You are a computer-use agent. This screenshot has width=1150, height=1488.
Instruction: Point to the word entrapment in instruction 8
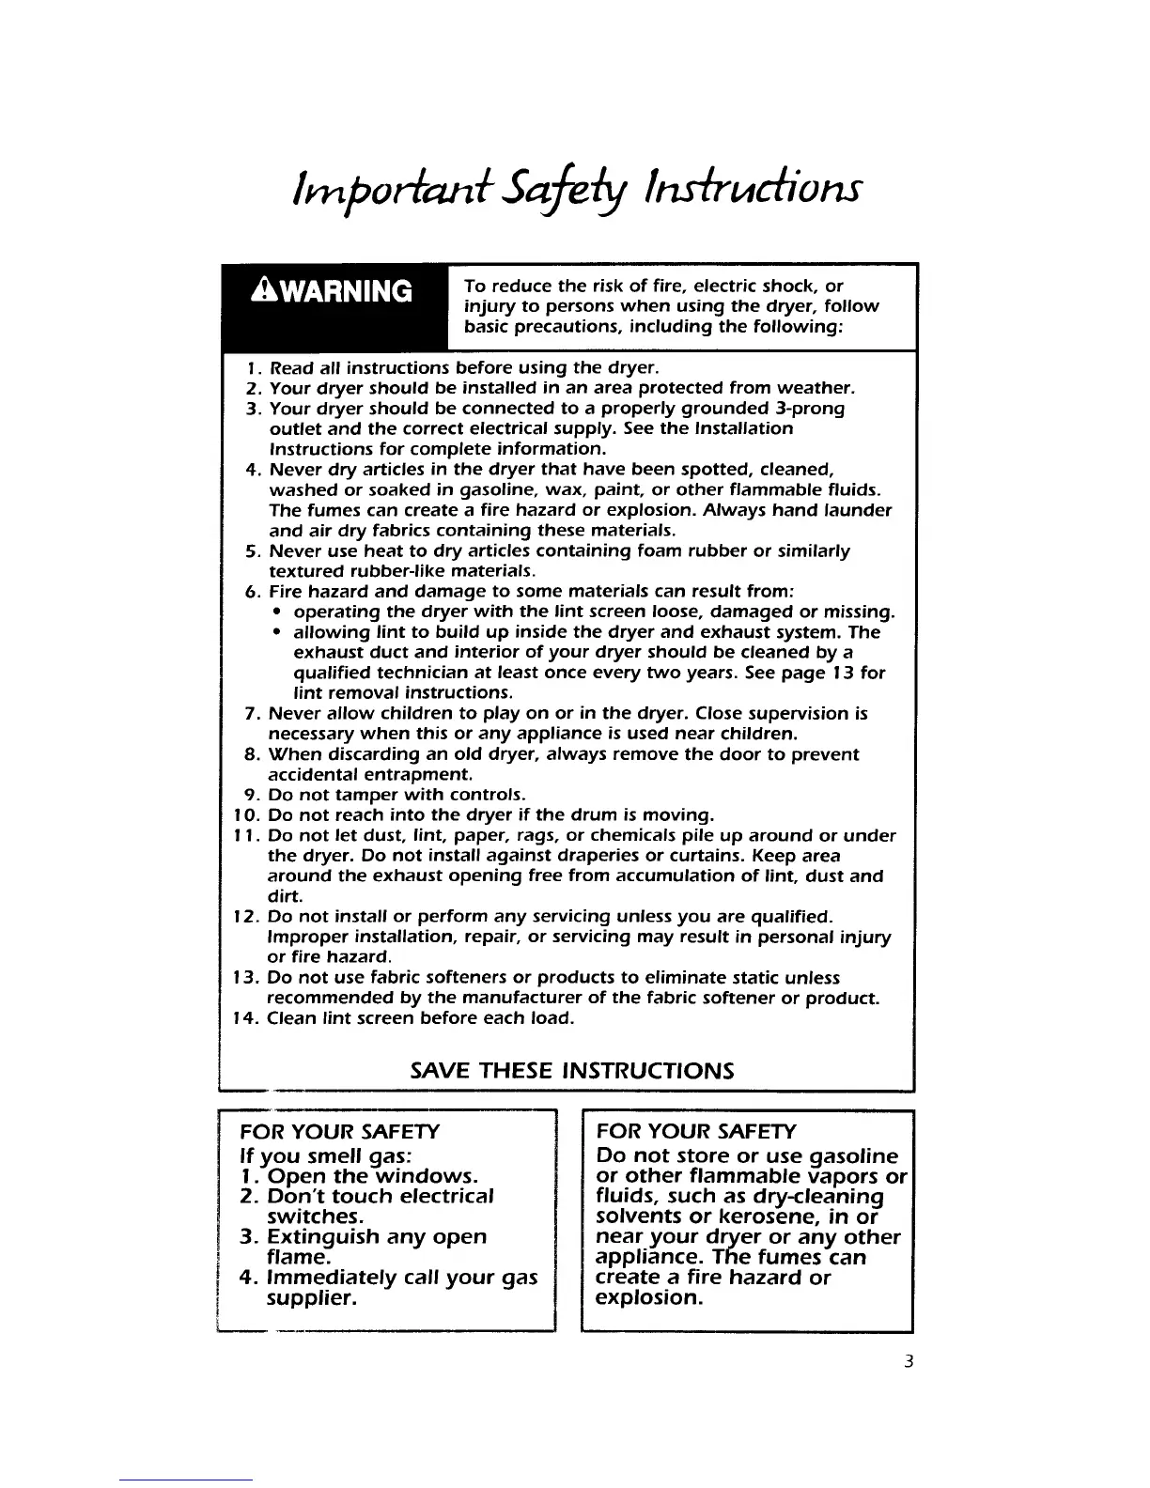pyautogui.click(x=415, y=775)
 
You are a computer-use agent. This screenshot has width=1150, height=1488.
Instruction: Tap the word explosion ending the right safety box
pyautogui.click(x=649, y=1299)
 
